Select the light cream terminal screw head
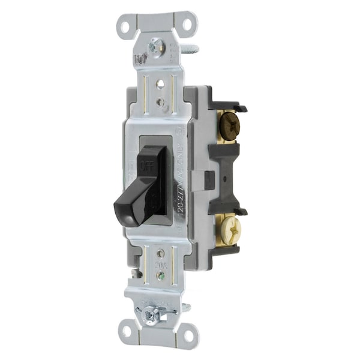coord(230,228)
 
